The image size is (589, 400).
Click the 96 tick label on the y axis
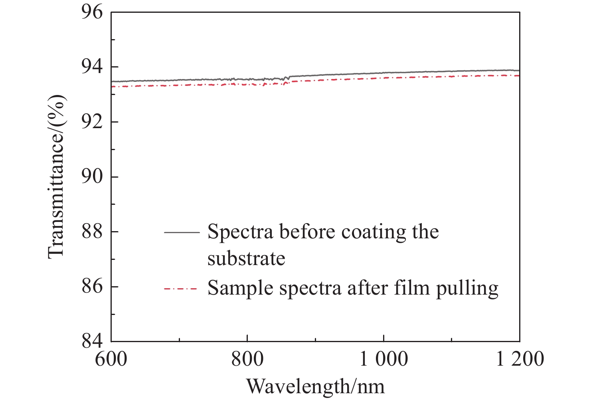[x=92, y=12]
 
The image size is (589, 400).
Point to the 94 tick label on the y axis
[x=92, y=67]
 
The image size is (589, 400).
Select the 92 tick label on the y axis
[x=92, y=122]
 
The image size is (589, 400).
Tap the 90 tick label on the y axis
[x=92, y=177]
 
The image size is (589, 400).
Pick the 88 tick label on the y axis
[x=92, y=232]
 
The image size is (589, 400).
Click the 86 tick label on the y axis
[x=92, y=287]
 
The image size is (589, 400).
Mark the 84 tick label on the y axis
[x=92, y=341]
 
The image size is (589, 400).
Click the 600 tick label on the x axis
[x=111, y=358]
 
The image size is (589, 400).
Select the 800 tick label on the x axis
[x=247, y=358]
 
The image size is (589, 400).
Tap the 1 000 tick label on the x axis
[x=384, y=358]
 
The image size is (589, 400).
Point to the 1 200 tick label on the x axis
[x=520, y=358]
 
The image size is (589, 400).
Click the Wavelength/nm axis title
[x=315, y=386]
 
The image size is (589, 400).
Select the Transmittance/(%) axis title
[x=56, y=176]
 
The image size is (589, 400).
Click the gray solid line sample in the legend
[x=182, y=232]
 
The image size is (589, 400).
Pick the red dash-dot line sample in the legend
[x=182, y=288]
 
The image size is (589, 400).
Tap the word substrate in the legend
[x=246, y=259]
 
